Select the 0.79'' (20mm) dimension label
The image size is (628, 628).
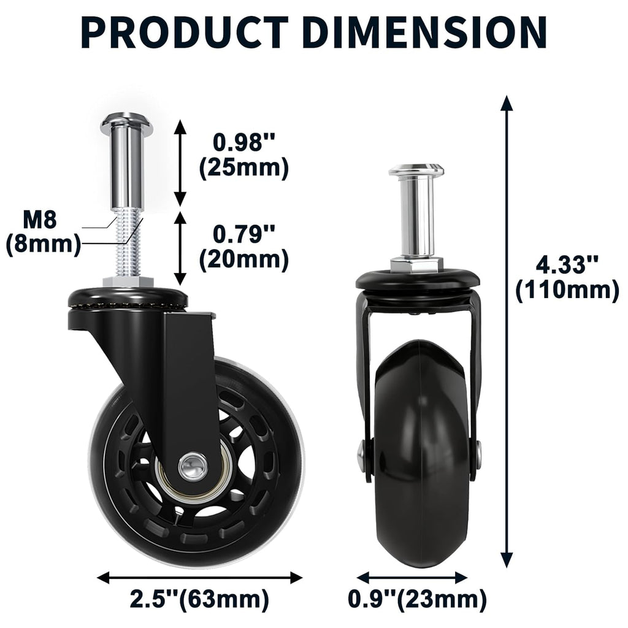(243, 247)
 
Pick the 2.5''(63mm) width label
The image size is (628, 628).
(199, 599)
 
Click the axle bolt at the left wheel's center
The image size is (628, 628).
(193, 465)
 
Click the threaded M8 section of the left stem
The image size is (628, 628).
(126, 245)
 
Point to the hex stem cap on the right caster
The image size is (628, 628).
(416, 170)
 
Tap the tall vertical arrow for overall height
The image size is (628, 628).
(507, 331)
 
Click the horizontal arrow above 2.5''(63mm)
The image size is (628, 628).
(199, 577)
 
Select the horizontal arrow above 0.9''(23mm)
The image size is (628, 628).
(412, 577)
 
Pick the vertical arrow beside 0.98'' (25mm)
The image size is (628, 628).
(180, 163)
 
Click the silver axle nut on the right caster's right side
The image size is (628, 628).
(478, 454)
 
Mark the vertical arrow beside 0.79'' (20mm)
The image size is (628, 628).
(180, 248)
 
